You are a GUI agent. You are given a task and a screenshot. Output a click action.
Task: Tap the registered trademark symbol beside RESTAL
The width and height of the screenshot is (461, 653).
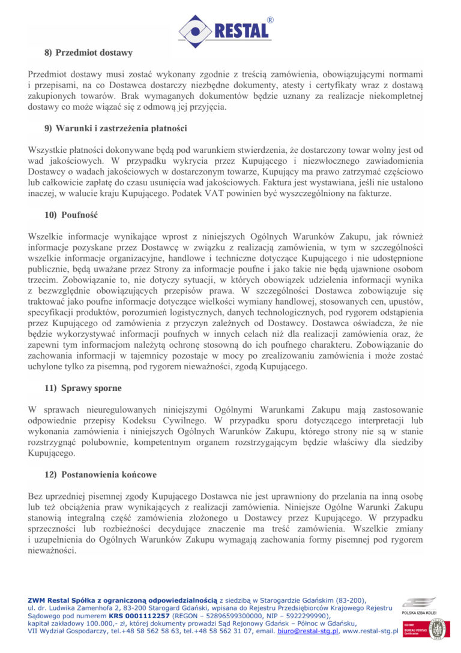[x=270, y=20]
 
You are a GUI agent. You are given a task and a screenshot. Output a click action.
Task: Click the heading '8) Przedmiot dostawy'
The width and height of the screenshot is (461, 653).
[x=88, y=53]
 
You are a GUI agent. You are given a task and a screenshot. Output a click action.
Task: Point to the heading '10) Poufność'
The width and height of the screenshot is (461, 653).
[x=71, y=215]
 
